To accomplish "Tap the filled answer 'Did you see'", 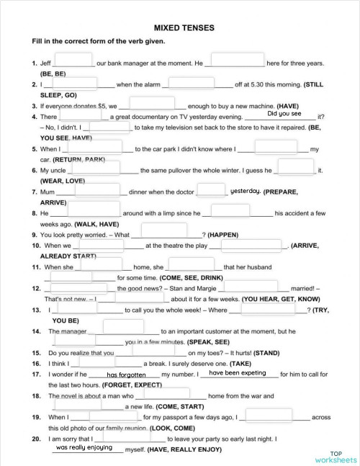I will click(284, 114).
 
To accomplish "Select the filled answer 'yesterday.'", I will click(245, 191).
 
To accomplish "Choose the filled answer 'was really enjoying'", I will click(84, 447).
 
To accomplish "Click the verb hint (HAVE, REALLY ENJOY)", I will click(180, 449).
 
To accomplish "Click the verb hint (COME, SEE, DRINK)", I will click(181, 277).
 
